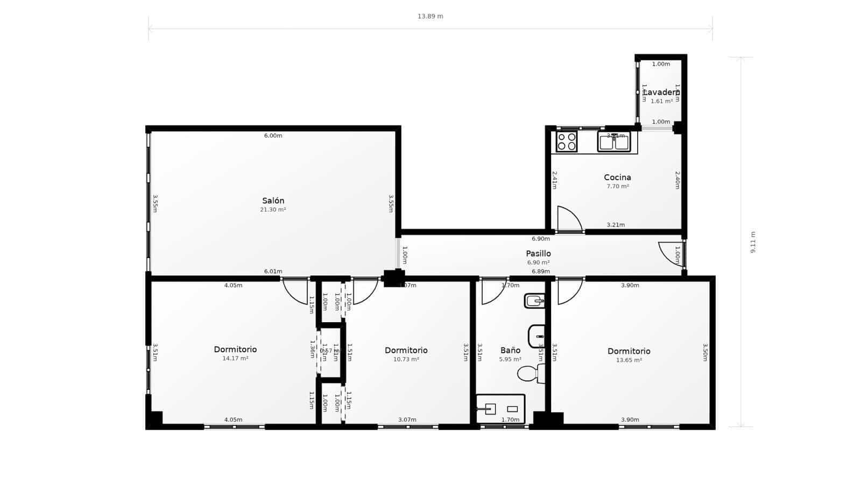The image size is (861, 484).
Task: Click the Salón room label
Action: (273, 201)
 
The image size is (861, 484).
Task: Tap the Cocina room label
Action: (617, 177)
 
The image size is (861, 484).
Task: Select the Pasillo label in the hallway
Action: (538, 253)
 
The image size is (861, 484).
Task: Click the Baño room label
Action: (510, 350)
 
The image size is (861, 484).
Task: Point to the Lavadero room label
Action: (661, 92)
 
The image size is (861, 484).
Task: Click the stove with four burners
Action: (567, 142)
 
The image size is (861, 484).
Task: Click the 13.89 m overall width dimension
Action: (430, 16)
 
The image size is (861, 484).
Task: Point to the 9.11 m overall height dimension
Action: (753, 242)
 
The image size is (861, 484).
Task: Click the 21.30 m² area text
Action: (273, 210)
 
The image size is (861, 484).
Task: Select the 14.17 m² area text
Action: (235, 358)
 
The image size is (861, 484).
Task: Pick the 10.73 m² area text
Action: (406, 359)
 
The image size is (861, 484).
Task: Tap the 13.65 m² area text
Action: (629, 360)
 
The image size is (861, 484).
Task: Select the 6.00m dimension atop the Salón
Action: (273, 136)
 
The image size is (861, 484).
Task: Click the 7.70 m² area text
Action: (617, 187)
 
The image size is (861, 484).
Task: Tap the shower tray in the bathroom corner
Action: (500, 409)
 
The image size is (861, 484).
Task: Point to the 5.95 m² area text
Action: (510, 359)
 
